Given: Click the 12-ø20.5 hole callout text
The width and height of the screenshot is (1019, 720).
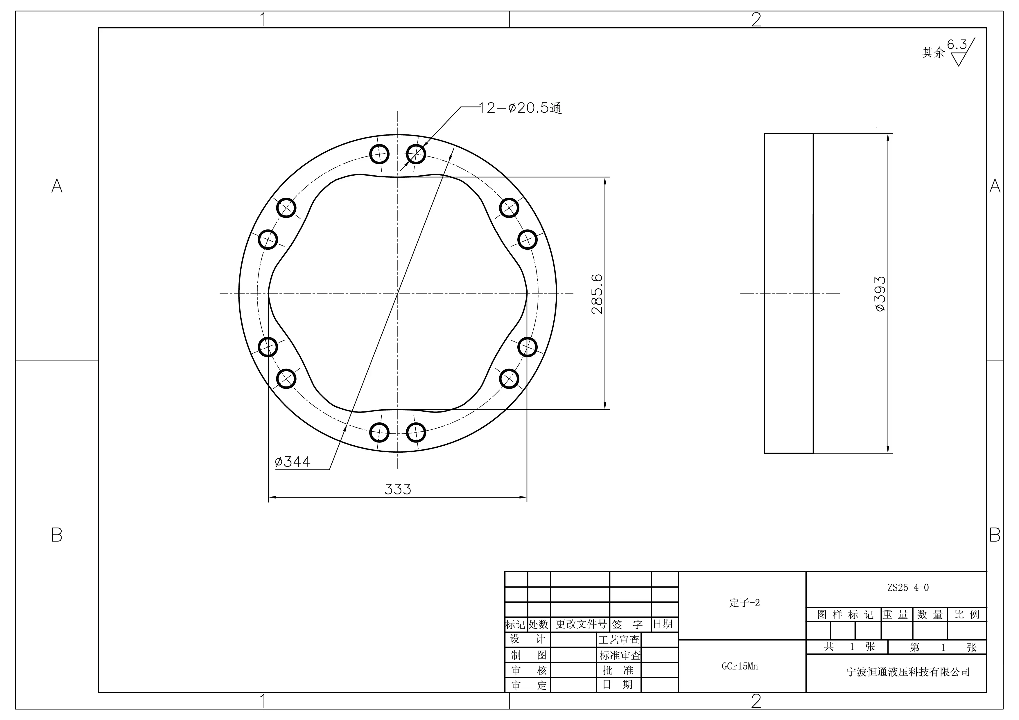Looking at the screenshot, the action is (x=520, y=108).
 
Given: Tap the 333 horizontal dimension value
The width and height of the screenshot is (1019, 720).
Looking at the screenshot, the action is (x=398, y=489).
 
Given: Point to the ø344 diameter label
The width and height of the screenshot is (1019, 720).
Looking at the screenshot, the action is (x=293, y=462).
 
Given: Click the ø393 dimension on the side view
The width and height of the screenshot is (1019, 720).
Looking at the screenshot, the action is (x=880, y=294).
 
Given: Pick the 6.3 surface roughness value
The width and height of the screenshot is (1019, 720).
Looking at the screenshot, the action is (x=957, y=44).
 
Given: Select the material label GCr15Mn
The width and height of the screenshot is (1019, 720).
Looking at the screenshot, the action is (x=740, y=666).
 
